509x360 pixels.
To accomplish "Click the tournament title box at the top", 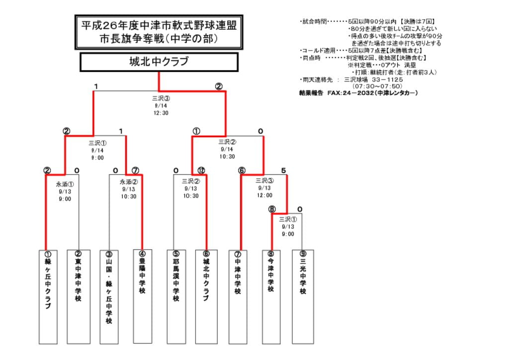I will pos(159,32).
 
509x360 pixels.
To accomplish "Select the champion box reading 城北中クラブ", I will pos(159,62).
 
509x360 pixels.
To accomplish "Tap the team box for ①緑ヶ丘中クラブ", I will pos(48,296).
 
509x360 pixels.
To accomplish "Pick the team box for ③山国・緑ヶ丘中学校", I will pos(109,296).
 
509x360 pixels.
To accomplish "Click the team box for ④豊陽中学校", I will pos(142,296).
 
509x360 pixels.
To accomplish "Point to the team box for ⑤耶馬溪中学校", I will pos(175,296).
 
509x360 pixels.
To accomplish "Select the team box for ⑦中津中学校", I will pos(238,296).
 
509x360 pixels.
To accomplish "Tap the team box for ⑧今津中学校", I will pos(271,296).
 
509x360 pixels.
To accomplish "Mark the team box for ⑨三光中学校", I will pos(303,296).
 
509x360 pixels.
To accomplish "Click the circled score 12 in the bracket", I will pos(201,171).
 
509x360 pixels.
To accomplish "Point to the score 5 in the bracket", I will pos(283,171).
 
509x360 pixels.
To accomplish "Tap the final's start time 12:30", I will pos(161,113).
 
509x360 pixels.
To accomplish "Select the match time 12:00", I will pos(264,195).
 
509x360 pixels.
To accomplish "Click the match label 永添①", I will pos(65,182).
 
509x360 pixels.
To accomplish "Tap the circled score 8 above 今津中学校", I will pos(272,209).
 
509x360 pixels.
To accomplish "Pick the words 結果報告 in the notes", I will pos(311,92).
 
